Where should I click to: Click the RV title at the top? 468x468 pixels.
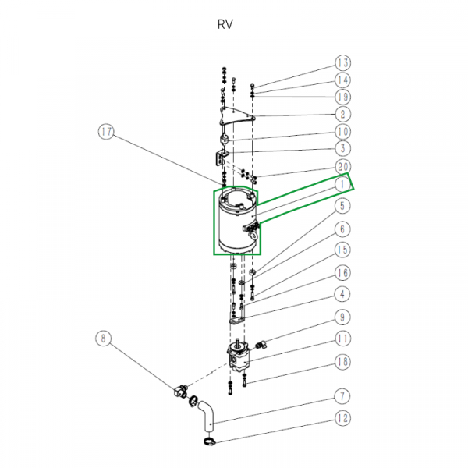(225, 24)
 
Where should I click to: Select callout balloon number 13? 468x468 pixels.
(342, 62)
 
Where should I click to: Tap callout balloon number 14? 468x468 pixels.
(342, 80)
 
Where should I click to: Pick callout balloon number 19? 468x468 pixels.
(342, 97)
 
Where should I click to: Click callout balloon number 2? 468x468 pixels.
(342, 115)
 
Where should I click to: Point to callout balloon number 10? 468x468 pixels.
(342, 132)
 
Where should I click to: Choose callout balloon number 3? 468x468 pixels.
(342, 148)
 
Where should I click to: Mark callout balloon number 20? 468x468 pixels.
(342, 167)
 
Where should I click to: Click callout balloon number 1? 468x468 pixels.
(342, 185)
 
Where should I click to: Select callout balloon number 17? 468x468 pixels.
(108, 133)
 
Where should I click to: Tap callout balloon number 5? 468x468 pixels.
(342, 207)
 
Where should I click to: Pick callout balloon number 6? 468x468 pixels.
(342, 229)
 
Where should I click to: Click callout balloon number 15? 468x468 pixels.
(342, 250)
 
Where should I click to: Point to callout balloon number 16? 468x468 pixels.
(342, 272)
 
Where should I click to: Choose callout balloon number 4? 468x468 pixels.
(342, 294)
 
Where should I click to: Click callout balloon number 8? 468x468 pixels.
(104, 339)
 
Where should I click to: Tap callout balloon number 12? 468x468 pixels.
(342, 418)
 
